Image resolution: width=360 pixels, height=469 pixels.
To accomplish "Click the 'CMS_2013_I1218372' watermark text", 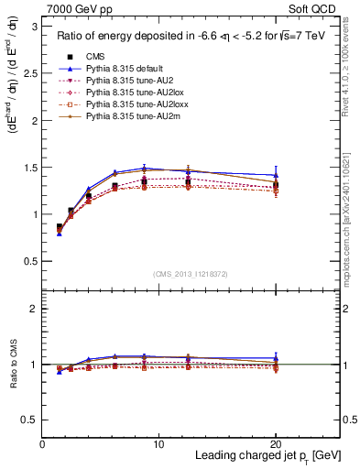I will tap(191, 274).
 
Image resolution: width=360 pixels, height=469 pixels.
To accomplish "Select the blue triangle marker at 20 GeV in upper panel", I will tap(276, 175).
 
